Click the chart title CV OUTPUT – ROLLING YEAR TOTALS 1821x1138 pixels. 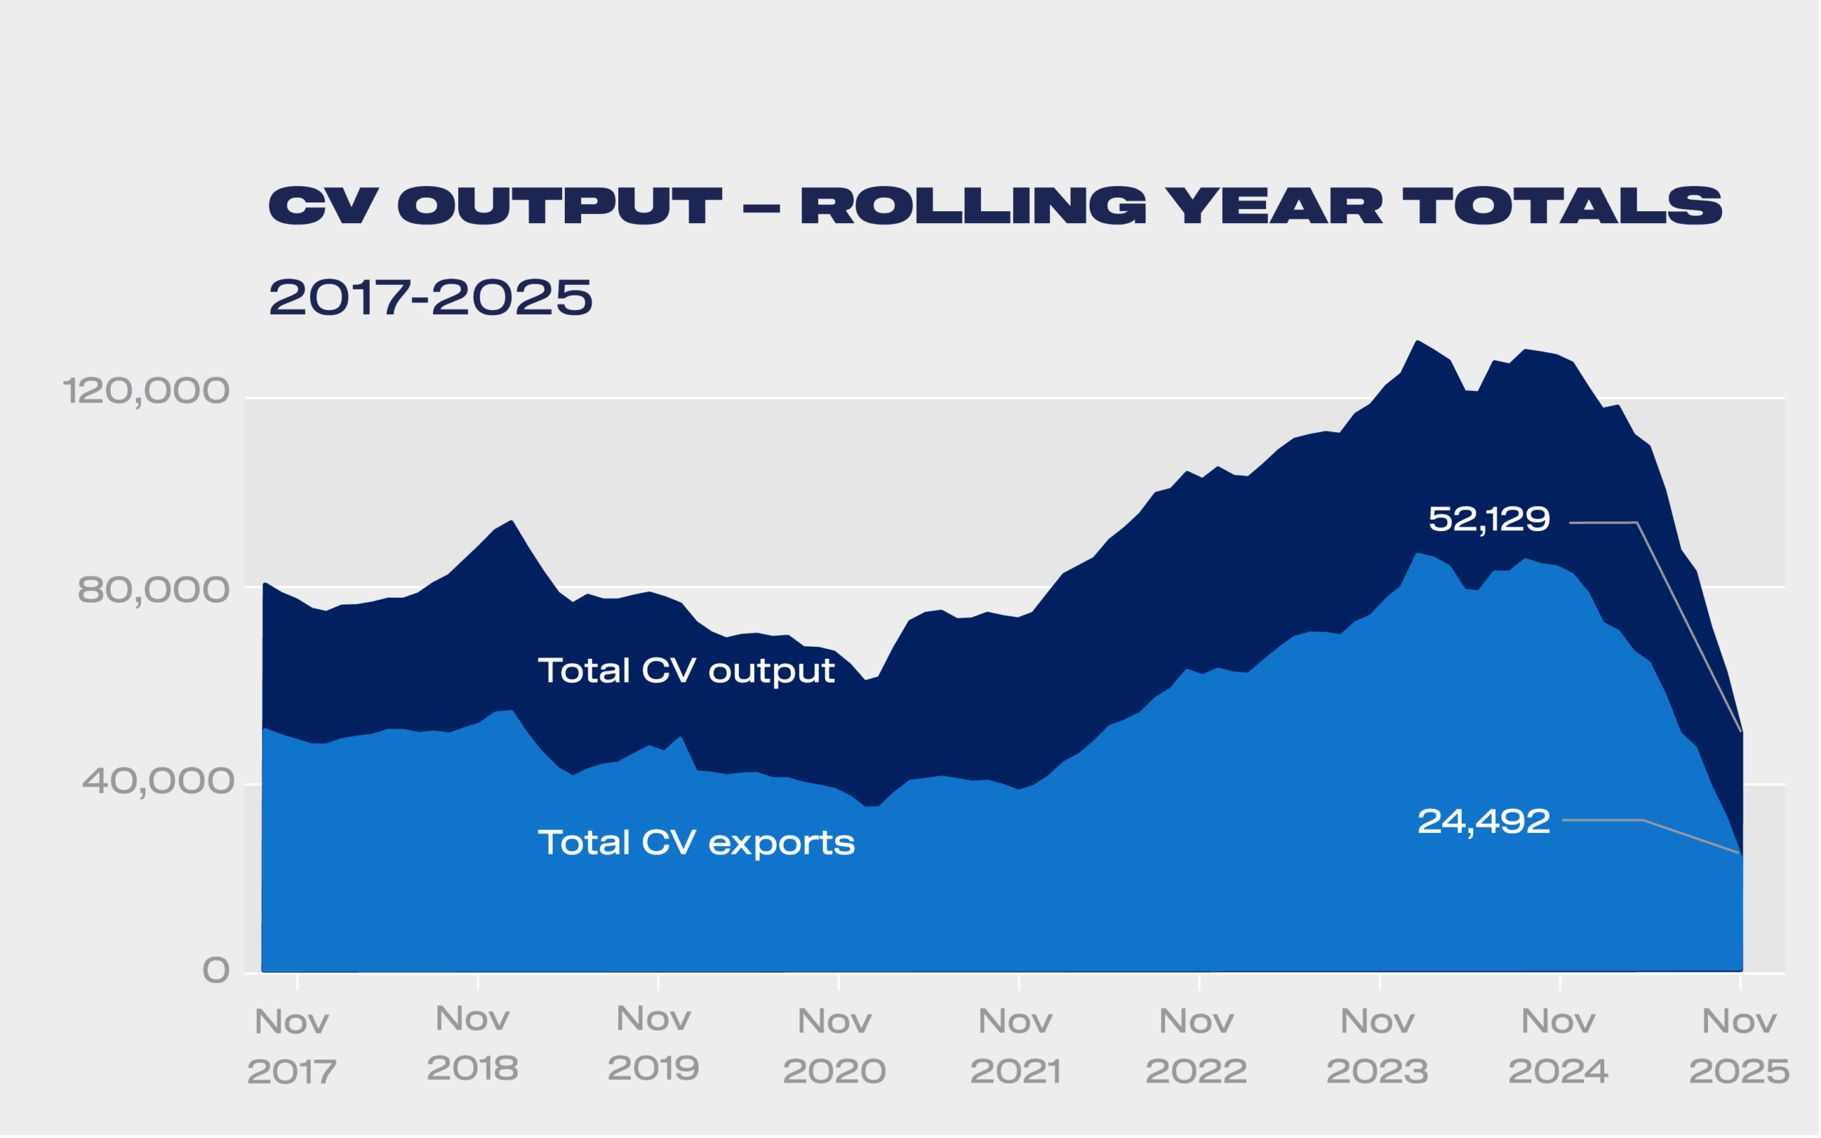pos(995,205)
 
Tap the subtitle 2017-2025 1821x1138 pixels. pos(430,297)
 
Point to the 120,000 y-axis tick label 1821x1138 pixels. pos(145,392)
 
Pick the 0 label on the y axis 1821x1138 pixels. pos(216,971)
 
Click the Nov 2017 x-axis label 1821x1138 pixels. pos(292,1047)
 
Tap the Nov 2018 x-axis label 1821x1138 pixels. pos(472,1044)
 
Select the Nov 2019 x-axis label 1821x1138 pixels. pos(653,1044)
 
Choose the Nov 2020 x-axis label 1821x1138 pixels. pos(834,1047)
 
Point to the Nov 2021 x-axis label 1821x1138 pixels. pos(1015,1047)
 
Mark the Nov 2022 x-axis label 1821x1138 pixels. pos(1196,1047)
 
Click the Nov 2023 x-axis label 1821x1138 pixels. pos(1377,1047)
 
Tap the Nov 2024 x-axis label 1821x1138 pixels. pos(1559,1047)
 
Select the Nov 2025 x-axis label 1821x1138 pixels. pos(1739,1047)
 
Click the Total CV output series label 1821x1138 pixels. pos(685,670)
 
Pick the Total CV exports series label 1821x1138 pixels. pos(696,842)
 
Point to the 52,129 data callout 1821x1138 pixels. pos(1489,520)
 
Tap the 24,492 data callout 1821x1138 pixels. pos(1483,822)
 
